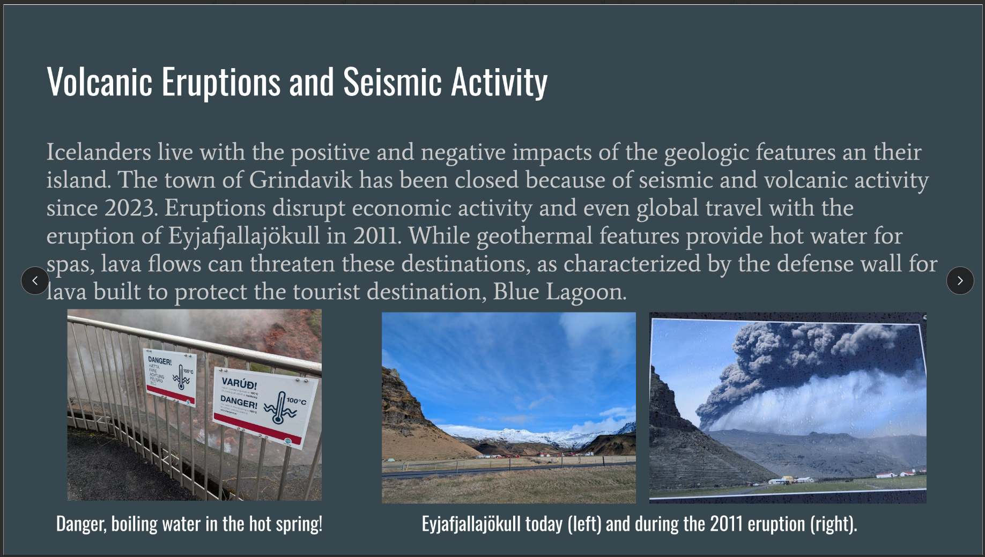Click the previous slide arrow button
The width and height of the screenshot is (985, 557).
35,280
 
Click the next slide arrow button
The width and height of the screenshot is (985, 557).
960,280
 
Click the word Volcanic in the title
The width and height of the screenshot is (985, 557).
100,83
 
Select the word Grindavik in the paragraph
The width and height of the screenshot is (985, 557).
301,180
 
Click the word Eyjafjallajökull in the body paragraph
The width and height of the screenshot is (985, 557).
244,236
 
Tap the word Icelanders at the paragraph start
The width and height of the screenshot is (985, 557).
99,152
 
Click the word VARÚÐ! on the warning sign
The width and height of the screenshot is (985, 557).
239,384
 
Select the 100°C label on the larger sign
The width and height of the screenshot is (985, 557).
296,401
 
